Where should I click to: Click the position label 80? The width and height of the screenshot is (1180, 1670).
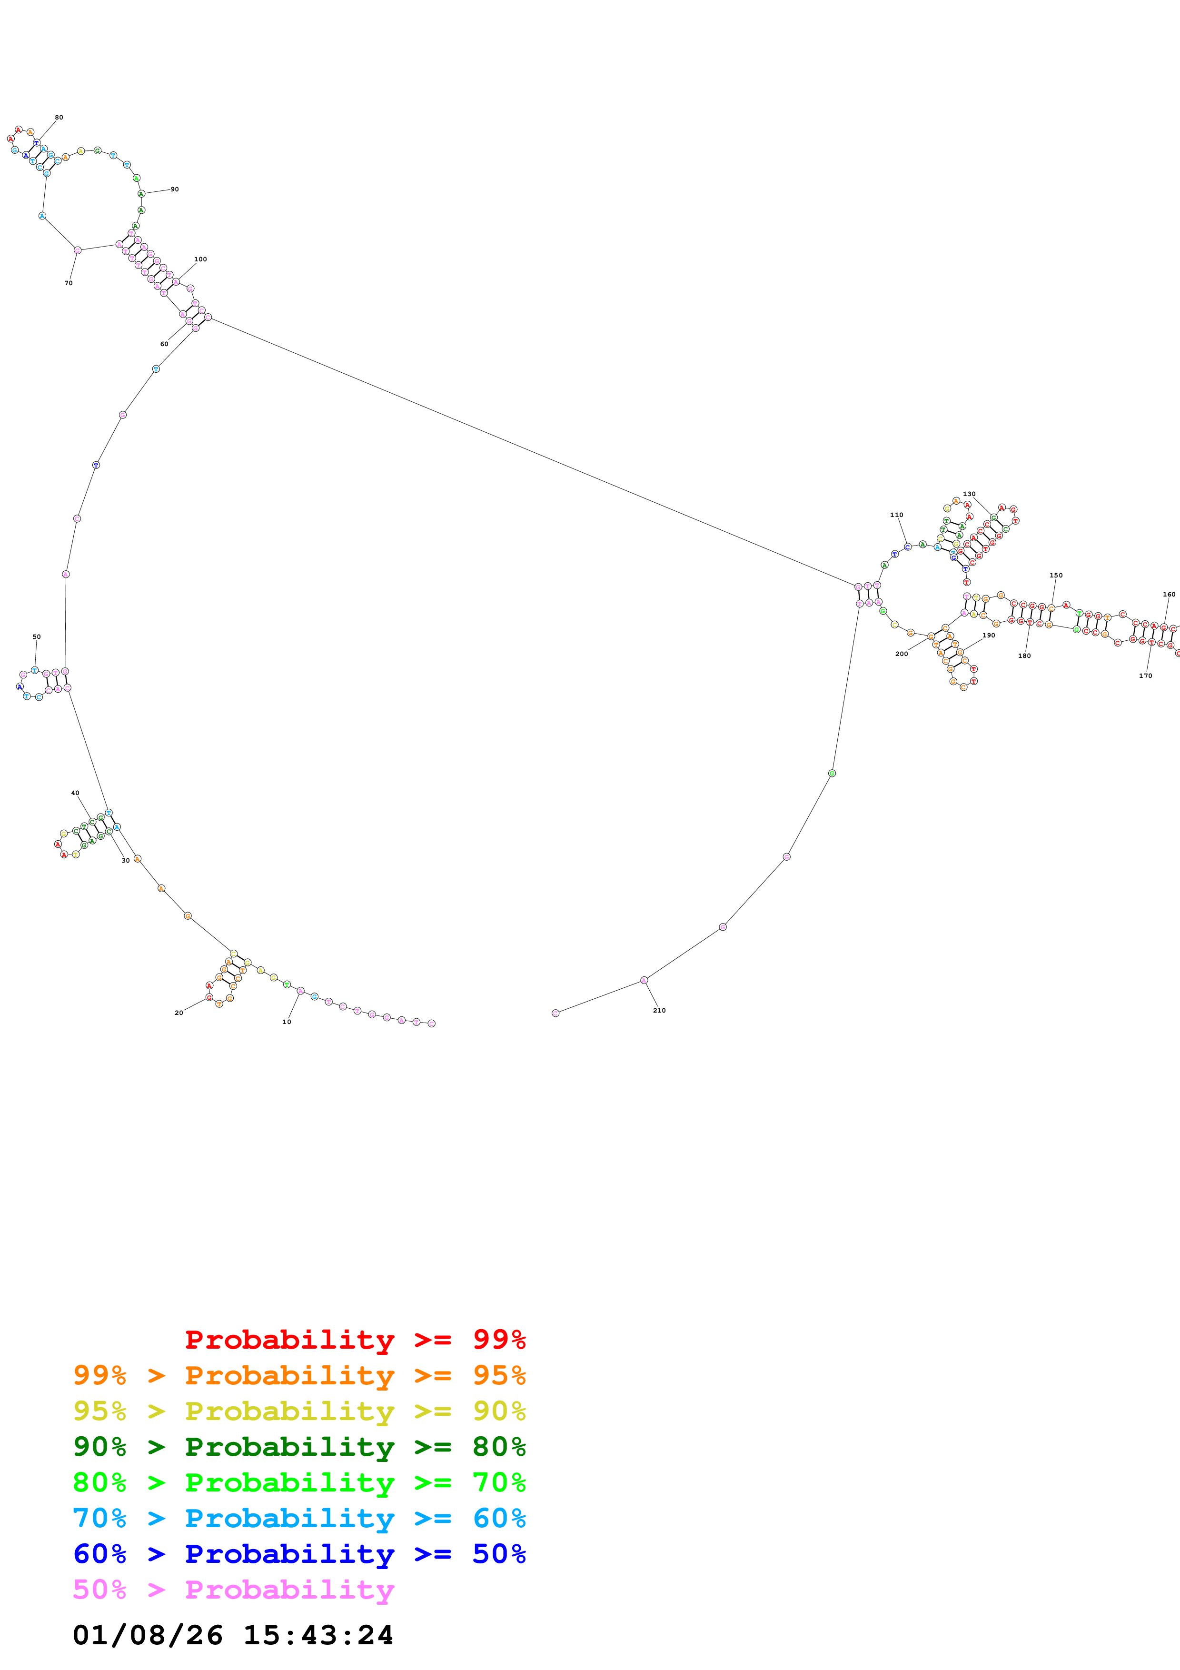tap(59, 117)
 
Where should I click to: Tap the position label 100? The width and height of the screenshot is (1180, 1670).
tap(201, 259)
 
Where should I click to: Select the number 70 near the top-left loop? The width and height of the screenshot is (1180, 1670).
tap(69, 283)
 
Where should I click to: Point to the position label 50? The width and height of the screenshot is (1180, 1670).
tap(36, 636)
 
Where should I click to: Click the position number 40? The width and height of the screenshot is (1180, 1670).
tap(75, 793)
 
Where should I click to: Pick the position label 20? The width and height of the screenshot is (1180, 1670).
tap(179, 1013)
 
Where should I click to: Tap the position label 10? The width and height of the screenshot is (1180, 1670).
tap(287, 1022)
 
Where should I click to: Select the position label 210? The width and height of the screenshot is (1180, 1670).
tap(659, 1010)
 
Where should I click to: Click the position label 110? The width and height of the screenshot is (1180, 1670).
tap(896, 515)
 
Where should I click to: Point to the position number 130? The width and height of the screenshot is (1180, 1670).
tap(969, 494)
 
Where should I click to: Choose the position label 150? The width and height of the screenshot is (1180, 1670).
tap(1056, 576)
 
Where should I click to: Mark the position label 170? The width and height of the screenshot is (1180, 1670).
tap(1145, 676)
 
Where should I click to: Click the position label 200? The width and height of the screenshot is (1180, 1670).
tap(902, 654)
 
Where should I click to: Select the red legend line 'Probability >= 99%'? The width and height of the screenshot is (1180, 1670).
tap(355, 1339)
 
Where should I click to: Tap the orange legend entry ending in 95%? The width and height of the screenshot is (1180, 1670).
tap(299, 1375)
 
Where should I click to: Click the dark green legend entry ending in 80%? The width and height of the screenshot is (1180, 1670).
tap(299, 1447)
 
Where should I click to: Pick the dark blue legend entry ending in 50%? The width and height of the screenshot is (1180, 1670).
tap(299, 1554)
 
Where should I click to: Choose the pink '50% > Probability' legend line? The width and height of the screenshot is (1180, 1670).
tap(233, 1589)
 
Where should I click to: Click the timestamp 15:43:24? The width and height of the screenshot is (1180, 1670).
tap(317, 1635)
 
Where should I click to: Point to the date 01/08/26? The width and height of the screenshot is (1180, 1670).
tap(148, 1635)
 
